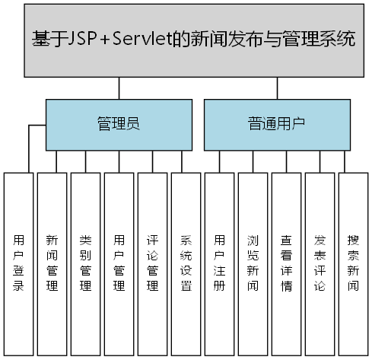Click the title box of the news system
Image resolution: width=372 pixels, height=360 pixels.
195,40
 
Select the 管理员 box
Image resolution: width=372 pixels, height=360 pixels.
118,123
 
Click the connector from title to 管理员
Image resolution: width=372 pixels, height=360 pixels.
118,88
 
